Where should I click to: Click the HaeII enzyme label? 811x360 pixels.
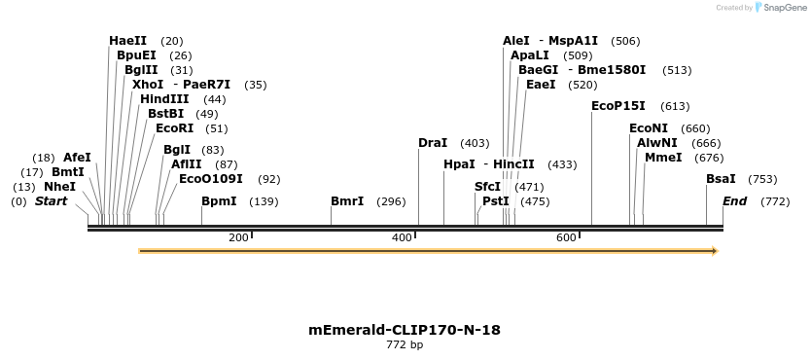point(127,41)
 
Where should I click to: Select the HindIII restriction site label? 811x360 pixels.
point(163,99)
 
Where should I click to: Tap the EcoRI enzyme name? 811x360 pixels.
point(174,128)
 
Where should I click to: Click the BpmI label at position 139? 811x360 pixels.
point(219,201)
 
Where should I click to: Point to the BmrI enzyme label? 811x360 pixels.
point(347,201)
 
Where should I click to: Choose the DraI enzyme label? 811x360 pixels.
point(433,143)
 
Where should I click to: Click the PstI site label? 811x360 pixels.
point(495,201)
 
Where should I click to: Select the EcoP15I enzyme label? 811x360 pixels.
point(618,106)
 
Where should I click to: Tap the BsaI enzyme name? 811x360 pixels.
point(721,179)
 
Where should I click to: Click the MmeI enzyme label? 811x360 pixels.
point(663,158)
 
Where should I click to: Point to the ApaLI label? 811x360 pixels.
point(530,55)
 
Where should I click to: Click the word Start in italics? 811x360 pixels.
point(52,201)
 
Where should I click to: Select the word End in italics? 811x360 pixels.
point(734,201)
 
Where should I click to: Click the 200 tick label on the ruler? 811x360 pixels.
point(238,238)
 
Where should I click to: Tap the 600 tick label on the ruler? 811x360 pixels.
point(566,238)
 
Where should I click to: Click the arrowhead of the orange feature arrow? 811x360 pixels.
point(715,251)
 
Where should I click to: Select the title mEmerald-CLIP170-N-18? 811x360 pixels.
point(405,330)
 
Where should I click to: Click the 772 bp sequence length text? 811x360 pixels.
point(405,344)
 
